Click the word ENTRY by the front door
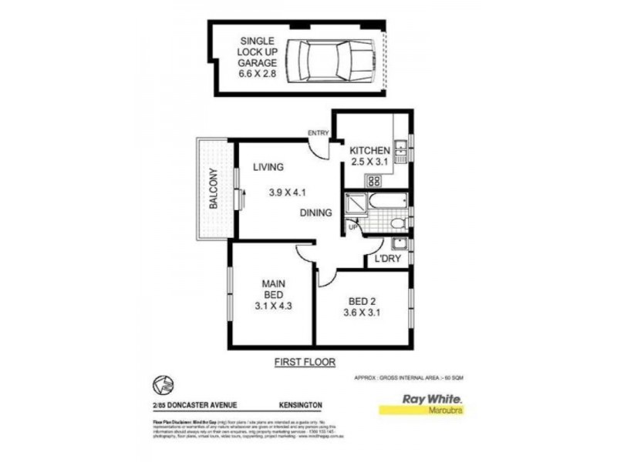317,133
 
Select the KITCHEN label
370,150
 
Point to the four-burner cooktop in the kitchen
373,182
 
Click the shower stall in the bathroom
356,202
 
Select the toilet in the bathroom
396,223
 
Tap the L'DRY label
387,259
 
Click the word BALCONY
212,189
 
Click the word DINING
316,213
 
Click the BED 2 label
358,300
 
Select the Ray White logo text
432,400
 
